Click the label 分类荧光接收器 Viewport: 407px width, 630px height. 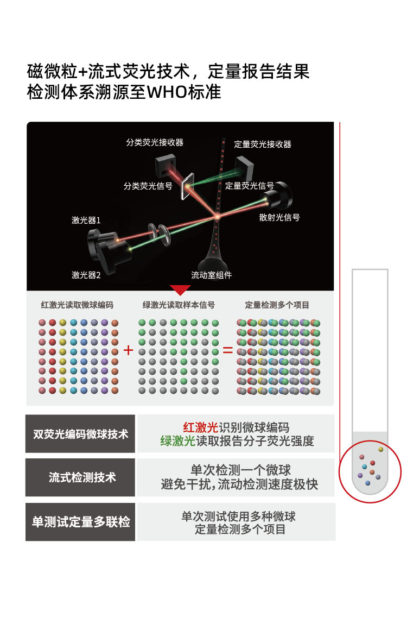pos(155,142)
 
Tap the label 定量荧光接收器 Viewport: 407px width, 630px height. pos(263,144)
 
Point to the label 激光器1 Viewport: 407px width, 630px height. pos(86,220)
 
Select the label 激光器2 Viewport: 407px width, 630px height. pos(86,275)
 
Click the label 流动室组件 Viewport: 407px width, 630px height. pos(212,275)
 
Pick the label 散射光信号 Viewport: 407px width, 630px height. pos(279,217)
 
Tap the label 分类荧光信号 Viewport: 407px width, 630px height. pos(148,186)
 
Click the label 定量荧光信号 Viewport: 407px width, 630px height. pos(249,186)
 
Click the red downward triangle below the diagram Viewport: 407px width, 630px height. pos(180,289)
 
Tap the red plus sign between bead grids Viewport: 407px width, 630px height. pos(128,350)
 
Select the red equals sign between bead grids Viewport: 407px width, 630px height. pos(227,350)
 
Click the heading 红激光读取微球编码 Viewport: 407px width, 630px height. pos(77,305)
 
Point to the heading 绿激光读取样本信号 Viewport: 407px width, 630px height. pos(179,305)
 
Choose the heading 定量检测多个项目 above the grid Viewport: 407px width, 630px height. pos(277,305)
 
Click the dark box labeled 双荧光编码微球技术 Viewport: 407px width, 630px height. pos(80,434)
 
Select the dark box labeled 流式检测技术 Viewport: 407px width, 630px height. pos(80,477)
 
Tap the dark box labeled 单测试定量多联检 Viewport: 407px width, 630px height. pos(80,521)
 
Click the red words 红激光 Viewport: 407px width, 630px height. pos(200,427)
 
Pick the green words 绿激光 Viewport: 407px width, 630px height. pos(177,441)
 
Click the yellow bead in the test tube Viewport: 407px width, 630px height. pos(380,449)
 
